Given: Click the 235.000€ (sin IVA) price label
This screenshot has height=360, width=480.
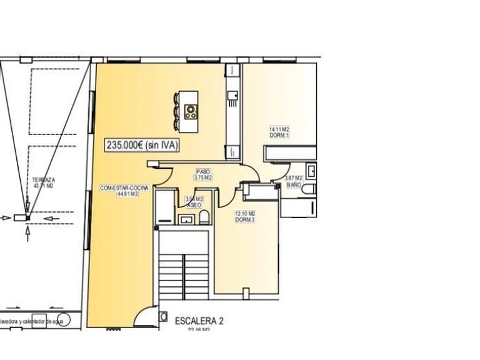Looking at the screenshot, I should pyautogui.click(x=142, y=145).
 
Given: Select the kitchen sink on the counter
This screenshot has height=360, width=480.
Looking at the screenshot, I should pyautogui.click(x=232, y=96).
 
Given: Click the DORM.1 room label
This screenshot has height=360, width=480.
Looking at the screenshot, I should pyautogui.click(x=279, y=136).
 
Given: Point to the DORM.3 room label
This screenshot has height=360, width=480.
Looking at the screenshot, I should pyautogui.click(x=244, y=219).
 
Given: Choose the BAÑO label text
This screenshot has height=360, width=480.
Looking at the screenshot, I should pyautogui.click(x=294, y=186).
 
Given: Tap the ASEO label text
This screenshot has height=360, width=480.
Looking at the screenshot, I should pyautogui.click(x=194, y=205).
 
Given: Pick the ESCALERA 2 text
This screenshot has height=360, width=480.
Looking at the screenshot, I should pyautogui.click(x=199, y=321).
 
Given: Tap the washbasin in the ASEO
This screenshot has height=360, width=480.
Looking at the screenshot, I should pyautogui.click(x=185, y=219).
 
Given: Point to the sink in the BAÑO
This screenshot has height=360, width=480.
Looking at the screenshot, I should pyautogui.click(x=311, y=171).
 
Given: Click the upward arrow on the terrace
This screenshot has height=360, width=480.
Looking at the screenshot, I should pyautogui.click(x=28, y=232).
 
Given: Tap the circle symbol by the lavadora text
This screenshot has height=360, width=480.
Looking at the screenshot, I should pyautogui.click(x=66, y=319).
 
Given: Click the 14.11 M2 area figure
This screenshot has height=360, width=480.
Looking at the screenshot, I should pyautogui.click(x=279, y=130).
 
